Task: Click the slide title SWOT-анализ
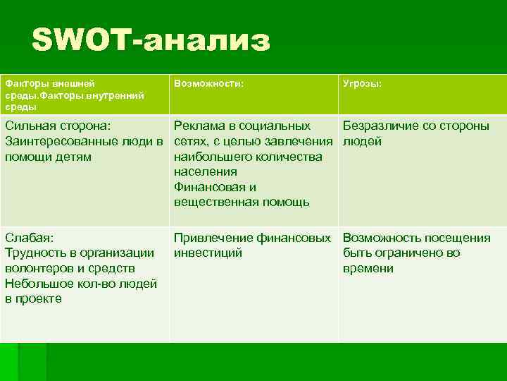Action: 150,40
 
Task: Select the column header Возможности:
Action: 209,84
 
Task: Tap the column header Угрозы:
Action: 363,84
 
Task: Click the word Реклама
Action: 199,126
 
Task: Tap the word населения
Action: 205,172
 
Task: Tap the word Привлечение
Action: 214,238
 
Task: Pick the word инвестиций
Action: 208,253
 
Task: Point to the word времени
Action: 368,269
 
